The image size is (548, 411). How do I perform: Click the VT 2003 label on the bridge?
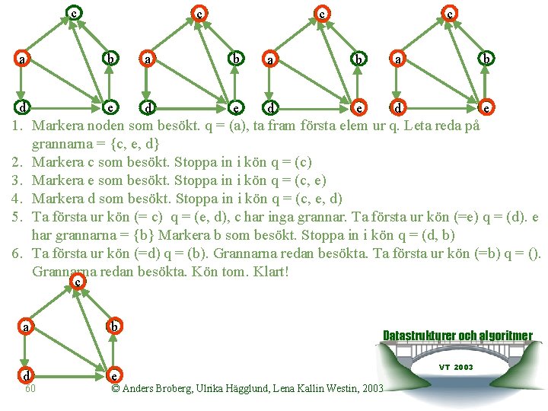pos(457,367)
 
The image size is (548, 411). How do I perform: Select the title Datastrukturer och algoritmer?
pos(457,336)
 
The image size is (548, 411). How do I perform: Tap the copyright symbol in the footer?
pos(115,389)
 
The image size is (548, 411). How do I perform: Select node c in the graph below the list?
pos(77,282)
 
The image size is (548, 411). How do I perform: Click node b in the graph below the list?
pos(113,327)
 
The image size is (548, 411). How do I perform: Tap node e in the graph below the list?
pos(113,376)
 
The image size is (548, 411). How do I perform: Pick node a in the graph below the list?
pos(26,327)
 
